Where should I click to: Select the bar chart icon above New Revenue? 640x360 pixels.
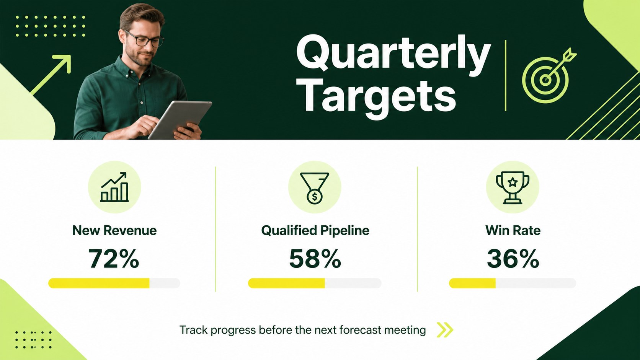(114, 187)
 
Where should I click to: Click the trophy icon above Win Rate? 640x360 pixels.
(513, 187)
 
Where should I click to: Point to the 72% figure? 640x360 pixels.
(114, 258)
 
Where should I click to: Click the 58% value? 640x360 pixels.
(315, 258)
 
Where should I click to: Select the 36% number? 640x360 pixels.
(513, 258)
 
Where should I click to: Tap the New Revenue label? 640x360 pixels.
(114, 230)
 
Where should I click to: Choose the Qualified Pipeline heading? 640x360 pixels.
(315, 231)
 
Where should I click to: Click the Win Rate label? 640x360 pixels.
(513, 230)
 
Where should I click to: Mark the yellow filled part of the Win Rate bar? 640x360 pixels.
(472, 283)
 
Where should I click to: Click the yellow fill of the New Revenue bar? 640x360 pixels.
(99, 283)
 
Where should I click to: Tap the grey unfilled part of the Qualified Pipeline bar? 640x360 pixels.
(353, 283)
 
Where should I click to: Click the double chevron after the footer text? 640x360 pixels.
(445, 330)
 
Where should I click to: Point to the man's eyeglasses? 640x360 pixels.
(145, 39)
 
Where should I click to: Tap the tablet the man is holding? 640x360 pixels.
(180, 119)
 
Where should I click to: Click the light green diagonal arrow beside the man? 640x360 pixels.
(51, 75)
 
